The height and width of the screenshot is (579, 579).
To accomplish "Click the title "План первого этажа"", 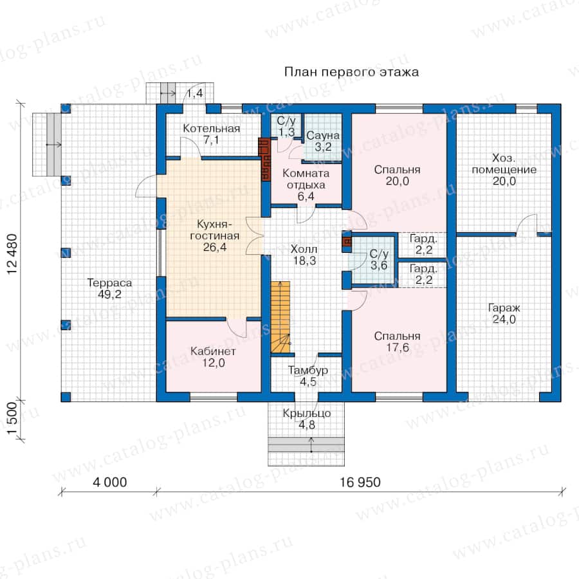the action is (351, 72).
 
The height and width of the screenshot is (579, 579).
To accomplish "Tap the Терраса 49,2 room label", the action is (109, 288).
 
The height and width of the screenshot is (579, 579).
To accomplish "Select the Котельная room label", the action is (211, 134).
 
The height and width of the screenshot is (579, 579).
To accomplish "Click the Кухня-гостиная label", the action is (214, 235).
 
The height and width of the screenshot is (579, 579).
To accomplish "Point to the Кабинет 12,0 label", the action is (213, 356).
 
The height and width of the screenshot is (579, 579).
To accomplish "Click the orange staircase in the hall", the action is (280, 317).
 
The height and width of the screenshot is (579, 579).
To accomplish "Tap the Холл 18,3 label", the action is (304, 255).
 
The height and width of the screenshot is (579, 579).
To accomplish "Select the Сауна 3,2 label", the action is (323, 141).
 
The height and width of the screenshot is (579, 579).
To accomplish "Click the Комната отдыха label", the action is (306, 185).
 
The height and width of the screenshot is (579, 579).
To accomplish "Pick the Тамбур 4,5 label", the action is (308, 376).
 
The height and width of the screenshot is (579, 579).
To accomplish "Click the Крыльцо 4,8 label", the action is (306, 419).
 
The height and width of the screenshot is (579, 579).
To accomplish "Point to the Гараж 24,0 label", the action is (504, 313).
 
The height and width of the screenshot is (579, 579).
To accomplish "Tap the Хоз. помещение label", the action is (504, 169).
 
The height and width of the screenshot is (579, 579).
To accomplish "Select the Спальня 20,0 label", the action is (397, 175).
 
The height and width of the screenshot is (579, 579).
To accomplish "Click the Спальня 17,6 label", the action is (397, 342).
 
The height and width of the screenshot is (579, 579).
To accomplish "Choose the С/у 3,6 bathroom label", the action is (379, 259).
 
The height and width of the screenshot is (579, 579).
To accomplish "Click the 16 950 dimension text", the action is (360, 482).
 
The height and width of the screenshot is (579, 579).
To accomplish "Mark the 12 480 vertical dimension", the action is (12, 253).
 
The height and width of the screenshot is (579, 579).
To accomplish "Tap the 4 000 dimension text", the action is (109, 482).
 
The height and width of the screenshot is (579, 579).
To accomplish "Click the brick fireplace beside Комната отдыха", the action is (265, 159).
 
